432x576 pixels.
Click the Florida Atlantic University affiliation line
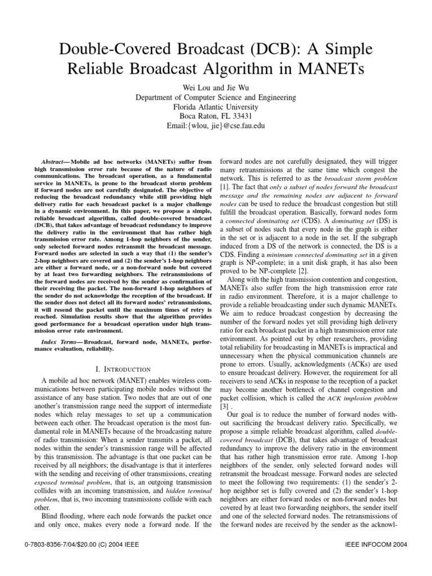(215, 107)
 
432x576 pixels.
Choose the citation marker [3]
(223, 406)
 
